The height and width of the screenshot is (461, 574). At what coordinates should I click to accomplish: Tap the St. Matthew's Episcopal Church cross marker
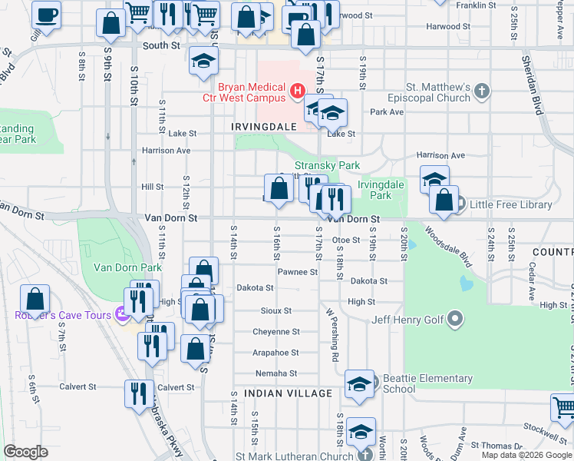tap(481, 92)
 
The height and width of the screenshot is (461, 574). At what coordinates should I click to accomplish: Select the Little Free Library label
tap(512, 204)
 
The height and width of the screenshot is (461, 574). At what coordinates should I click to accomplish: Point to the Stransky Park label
tap(328, 165)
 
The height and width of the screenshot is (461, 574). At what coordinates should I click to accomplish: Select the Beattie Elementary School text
tap(427, 383)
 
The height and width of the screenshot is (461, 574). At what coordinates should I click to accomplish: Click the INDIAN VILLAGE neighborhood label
tap(288, 393)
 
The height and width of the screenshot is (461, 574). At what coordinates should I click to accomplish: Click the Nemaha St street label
tap(276, 373)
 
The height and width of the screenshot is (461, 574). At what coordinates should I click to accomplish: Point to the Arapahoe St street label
tap(276, 353)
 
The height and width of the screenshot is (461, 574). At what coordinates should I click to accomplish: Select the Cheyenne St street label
tap(276, 332)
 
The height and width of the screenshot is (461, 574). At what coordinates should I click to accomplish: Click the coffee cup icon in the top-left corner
tap(47, 15)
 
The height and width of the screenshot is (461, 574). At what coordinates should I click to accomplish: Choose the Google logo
tap(25, 452)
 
